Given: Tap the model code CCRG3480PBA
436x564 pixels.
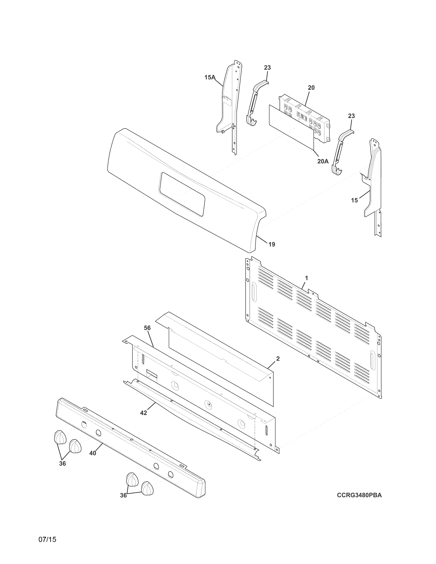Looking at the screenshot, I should [x=359, y=495].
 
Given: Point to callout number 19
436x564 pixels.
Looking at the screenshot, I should [x=272, y=244].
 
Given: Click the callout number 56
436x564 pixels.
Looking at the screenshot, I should [x=147, y=328].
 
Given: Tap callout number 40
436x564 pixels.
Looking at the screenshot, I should [x=93, y=453].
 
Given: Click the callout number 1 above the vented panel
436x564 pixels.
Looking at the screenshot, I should [x=306, y=278].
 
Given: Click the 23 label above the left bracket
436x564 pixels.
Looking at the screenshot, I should [x=267, y=68].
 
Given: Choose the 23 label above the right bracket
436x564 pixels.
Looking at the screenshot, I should [x=351, y=116].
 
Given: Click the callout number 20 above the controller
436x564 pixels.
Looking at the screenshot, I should [x=311, y=88].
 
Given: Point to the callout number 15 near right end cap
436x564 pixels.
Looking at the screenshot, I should [x=354, y=200].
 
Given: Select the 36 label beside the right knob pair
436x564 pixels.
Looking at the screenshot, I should [x=123, y=495].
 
